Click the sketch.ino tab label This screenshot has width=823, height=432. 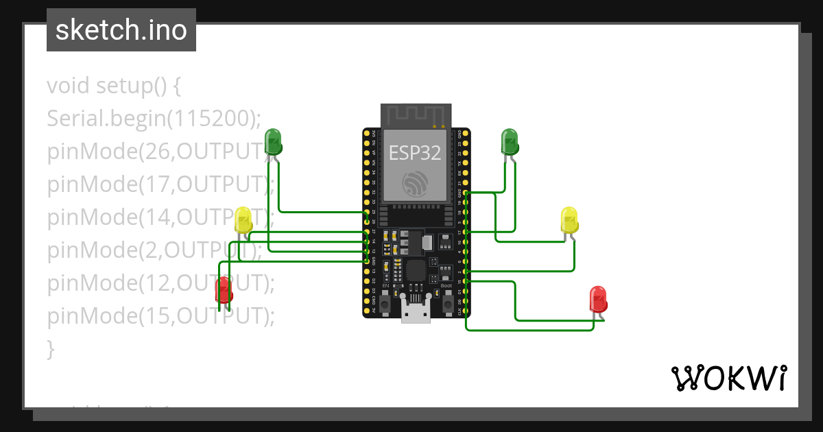(x=121, y=30)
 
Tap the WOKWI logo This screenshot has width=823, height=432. (x=728, y=378)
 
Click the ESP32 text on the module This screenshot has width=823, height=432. (x=415, y=152)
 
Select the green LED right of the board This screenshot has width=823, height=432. (x=510, y=141)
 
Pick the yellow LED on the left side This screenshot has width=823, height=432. (x=243, y=220)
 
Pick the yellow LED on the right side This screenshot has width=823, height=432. (x=569, y=219)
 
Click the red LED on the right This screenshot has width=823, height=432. (x=599, y=300)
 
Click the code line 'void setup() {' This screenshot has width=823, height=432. (x=114, y=86)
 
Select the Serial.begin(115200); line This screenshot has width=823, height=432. (x=154, y=119)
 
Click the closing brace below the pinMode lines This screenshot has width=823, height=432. (x=50, y=348)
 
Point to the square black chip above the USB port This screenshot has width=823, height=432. (x=416, y=269)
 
